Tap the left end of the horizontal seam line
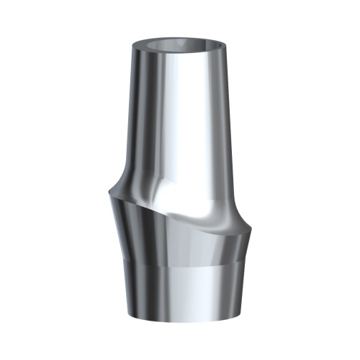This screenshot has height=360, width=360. tap(116, 262)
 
